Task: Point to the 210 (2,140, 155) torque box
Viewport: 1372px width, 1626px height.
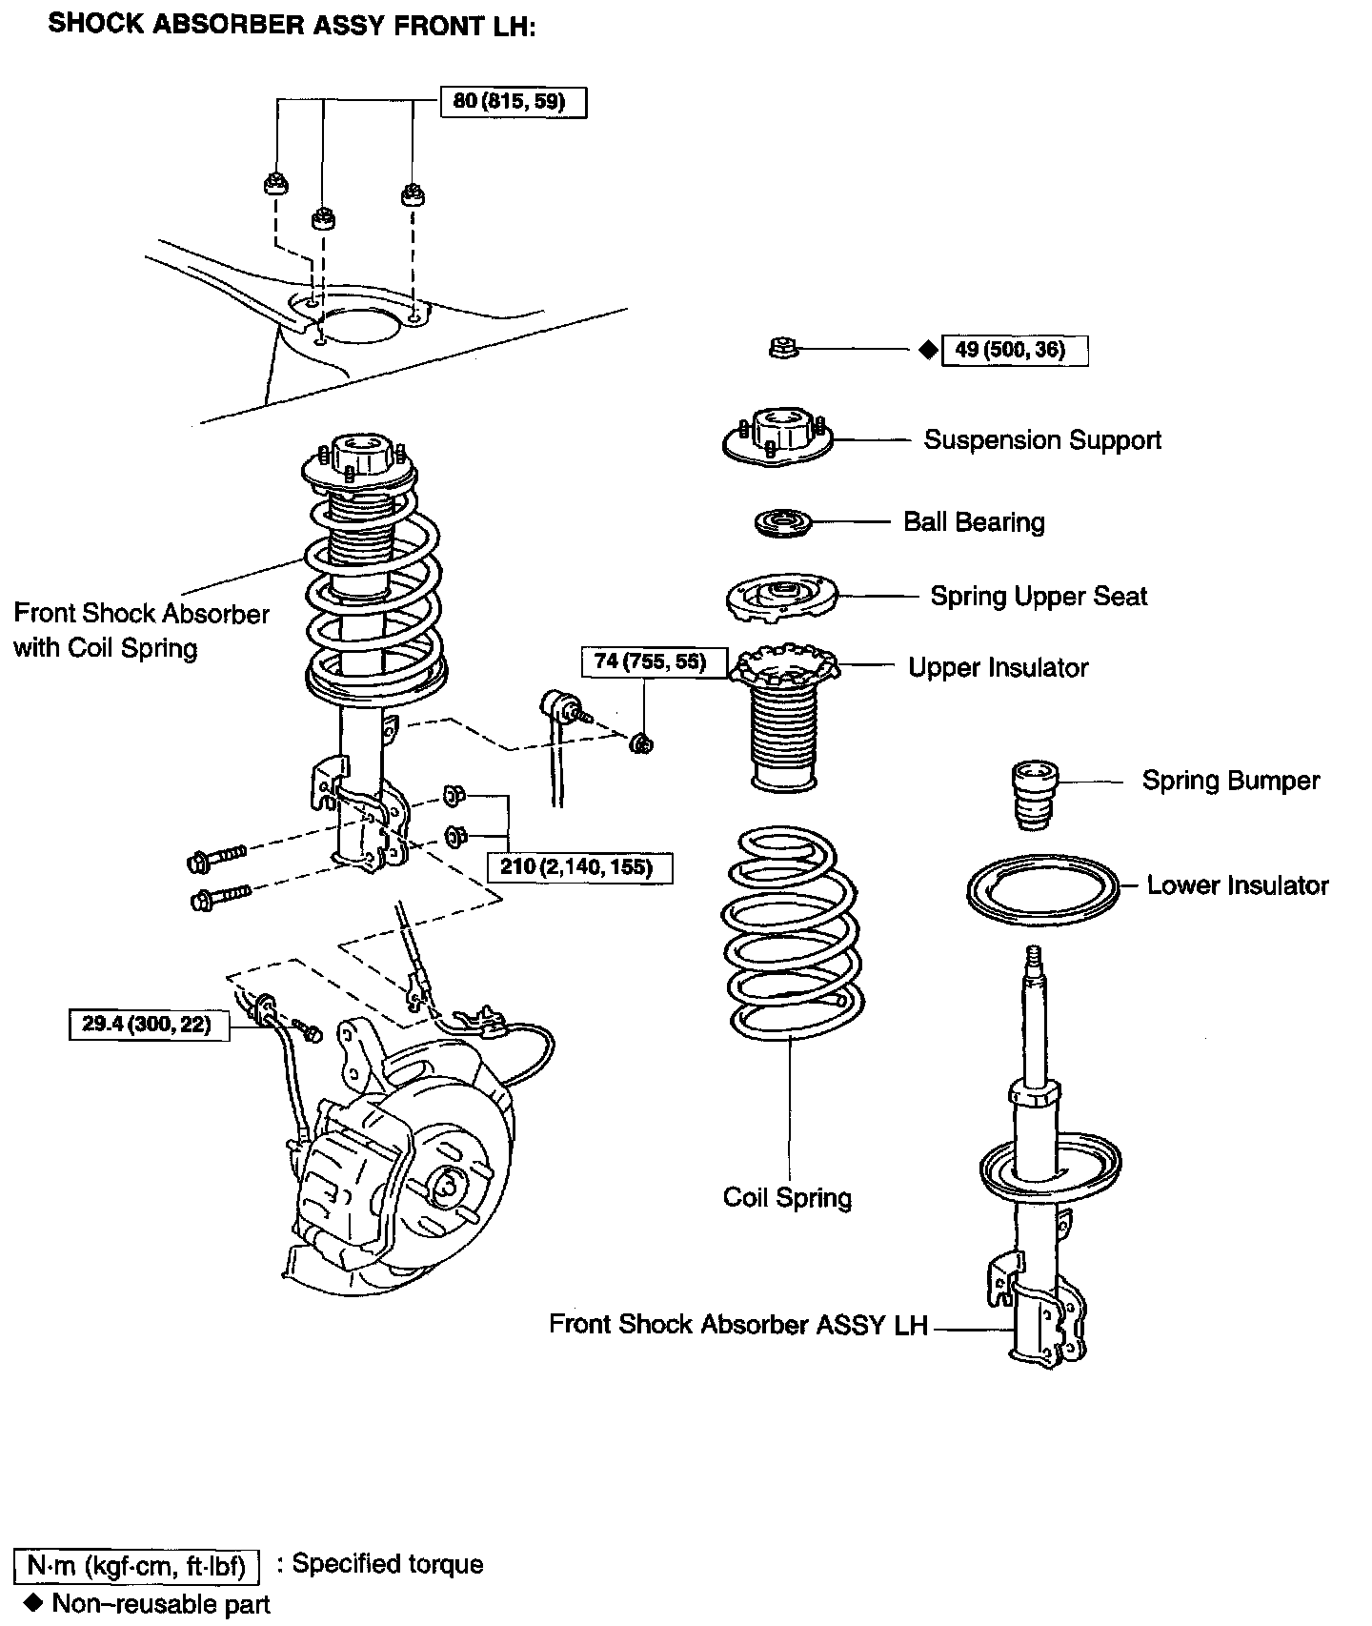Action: point(579,867)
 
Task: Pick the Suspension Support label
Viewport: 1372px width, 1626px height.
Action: point(1042,440)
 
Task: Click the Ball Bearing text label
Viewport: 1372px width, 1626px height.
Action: point(974,522)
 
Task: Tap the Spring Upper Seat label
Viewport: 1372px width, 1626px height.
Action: point(1039,597)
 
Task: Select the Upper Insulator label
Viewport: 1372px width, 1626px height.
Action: point(998,668)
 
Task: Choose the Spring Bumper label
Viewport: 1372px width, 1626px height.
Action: point(1231,781)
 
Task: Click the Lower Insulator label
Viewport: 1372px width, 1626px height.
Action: point(1238,885)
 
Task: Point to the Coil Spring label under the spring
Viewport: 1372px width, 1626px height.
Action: point(787,1197)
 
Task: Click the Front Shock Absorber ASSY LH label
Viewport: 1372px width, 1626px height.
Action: point(738,1325)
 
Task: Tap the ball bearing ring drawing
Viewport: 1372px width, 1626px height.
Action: point(782,523)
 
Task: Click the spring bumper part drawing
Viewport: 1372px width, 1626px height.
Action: point(1033,795)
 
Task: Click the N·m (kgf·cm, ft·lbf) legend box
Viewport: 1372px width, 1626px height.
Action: point(137,1565)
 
